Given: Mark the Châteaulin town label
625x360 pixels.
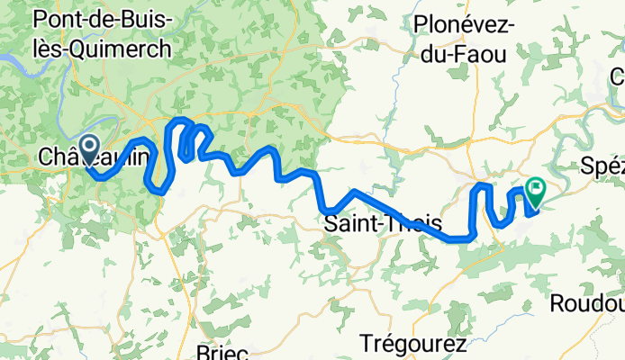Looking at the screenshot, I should (93, 157).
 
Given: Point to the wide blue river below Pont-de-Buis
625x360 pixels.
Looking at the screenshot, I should (18, 61).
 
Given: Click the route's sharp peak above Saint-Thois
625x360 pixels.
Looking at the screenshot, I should (355, 191).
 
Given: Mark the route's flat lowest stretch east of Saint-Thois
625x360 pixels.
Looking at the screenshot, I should (459, 238).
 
